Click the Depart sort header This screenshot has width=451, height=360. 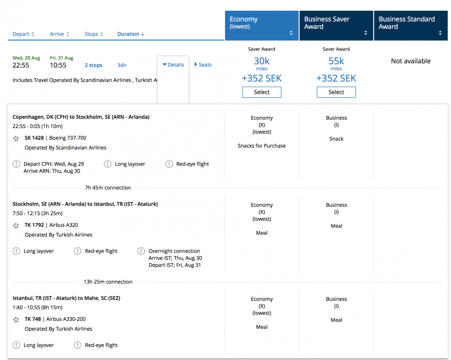[x=23, y=34]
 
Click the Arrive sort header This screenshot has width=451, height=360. [x=59, y=34]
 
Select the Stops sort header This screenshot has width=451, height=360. [x=94, y=34]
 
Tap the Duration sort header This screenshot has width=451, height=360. [x=131, y=34]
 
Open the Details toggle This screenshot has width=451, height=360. [x=173, y=65]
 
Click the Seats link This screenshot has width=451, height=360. [x=203, y=65]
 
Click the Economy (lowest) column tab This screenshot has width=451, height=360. [x=262, y=26]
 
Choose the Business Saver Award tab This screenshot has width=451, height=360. [x=336, y=26]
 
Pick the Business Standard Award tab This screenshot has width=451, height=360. [x=410, y=26]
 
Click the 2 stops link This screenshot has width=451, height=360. [x=94, y=65]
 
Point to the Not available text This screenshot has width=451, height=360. [x=410, y=61]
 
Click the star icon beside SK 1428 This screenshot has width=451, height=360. [x=16, y=138]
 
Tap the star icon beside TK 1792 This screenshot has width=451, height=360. [x=16, y=225]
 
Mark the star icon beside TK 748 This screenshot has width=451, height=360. [x=16, y=319]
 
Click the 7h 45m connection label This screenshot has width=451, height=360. [x=108, y=188]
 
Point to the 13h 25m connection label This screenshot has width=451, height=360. [x=108, y=282]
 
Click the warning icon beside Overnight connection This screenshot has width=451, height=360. [x=141, y=251]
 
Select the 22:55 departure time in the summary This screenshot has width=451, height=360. [x=21, y=65]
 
